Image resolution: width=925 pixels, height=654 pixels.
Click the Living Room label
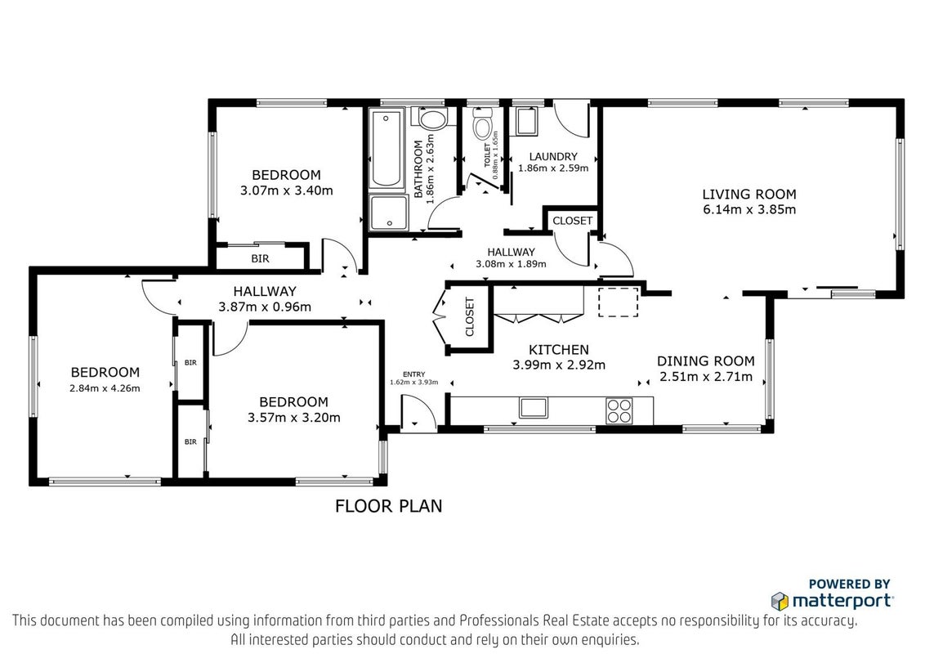[749, 195]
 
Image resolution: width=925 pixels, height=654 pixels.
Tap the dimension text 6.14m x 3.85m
[749, 209]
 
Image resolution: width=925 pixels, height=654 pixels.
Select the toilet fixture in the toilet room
[483, 124]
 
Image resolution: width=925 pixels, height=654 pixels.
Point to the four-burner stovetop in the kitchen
[619, 411]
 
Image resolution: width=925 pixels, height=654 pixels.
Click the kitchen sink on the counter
[534, 408]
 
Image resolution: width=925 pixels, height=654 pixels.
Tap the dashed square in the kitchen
[619, 302]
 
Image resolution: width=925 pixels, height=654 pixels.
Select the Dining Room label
[705, 361]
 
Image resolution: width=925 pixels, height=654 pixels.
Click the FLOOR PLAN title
[389, 506]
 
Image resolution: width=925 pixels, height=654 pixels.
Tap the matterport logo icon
[780, 602]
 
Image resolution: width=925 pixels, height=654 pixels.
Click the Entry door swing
[418, 412]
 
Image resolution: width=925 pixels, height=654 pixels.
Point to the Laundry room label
[553, 156]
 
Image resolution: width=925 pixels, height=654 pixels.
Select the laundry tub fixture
[525, 120]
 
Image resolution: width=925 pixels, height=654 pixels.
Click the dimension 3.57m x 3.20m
[294, 418]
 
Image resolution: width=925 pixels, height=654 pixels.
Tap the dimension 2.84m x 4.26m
[105, 388]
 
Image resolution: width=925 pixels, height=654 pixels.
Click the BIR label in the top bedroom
[260, 258]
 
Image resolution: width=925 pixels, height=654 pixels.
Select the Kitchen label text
[559, 349]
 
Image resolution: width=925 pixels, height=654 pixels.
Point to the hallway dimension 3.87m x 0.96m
[265, 307]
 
